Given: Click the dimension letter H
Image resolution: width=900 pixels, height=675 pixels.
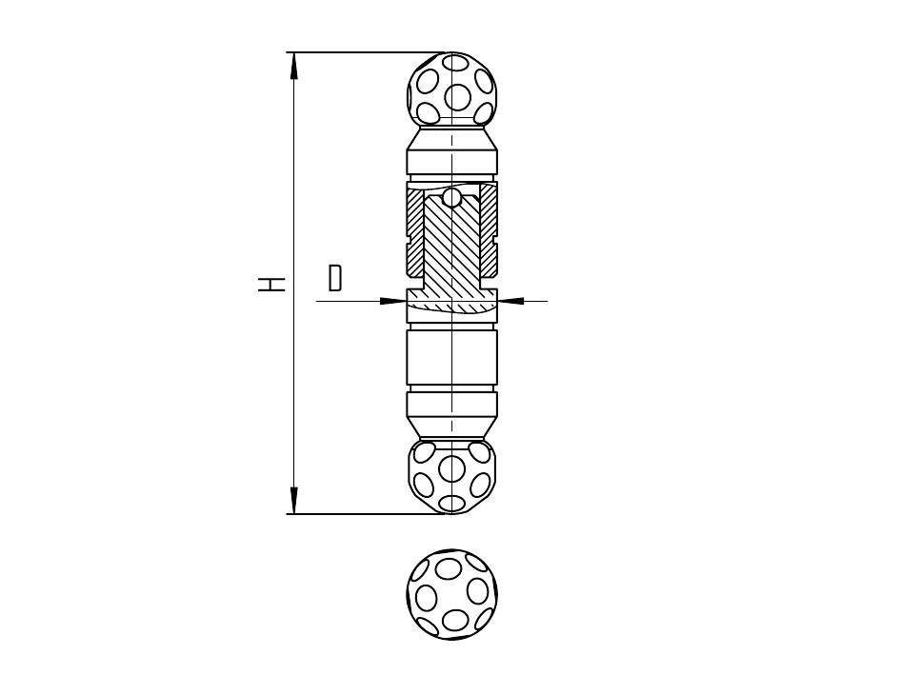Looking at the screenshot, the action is click(x=271, y=283).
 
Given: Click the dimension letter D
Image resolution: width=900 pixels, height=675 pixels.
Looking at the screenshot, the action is click(x=335, y=278).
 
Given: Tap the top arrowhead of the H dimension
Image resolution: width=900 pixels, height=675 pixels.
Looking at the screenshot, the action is click(x=294, y=65).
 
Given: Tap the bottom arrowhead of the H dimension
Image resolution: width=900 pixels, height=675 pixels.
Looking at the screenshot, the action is click(x=294, y=501).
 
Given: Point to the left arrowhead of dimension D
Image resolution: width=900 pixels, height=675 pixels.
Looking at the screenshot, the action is click(x=393, y=300).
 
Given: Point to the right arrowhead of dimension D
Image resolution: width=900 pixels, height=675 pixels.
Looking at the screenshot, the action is click(x=510, y=300).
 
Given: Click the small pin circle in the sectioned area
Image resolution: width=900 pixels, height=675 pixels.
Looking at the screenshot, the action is click(x=452, y=198).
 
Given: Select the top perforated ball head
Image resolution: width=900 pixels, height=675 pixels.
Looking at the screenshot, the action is click(x=451, y=89).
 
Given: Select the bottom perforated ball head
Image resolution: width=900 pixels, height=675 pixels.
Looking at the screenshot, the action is click(x=451, y=477).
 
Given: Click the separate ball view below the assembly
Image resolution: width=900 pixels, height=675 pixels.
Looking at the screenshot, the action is click(x=451, y=594).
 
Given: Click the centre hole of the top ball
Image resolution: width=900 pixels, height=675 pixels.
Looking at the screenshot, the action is click(x=458, y=96).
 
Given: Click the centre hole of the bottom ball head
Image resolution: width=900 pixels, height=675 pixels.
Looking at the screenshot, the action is click(x=451, y=468).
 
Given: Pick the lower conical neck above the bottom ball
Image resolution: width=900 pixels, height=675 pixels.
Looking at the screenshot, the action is click(x=451, y=427).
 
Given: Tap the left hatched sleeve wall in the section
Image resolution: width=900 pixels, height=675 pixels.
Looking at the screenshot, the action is click(x=415, y=229).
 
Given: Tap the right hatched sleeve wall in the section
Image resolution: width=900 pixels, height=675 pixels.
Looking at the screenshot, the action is click(x=489, y=229).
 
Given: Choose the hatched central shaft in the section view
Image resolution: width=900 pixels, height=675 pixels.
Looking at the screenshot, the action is click(x=452, y=247).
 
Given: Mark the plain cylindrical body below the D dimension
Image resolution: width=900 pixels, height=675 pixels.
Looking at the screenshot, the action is click(x=452, y=357).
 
